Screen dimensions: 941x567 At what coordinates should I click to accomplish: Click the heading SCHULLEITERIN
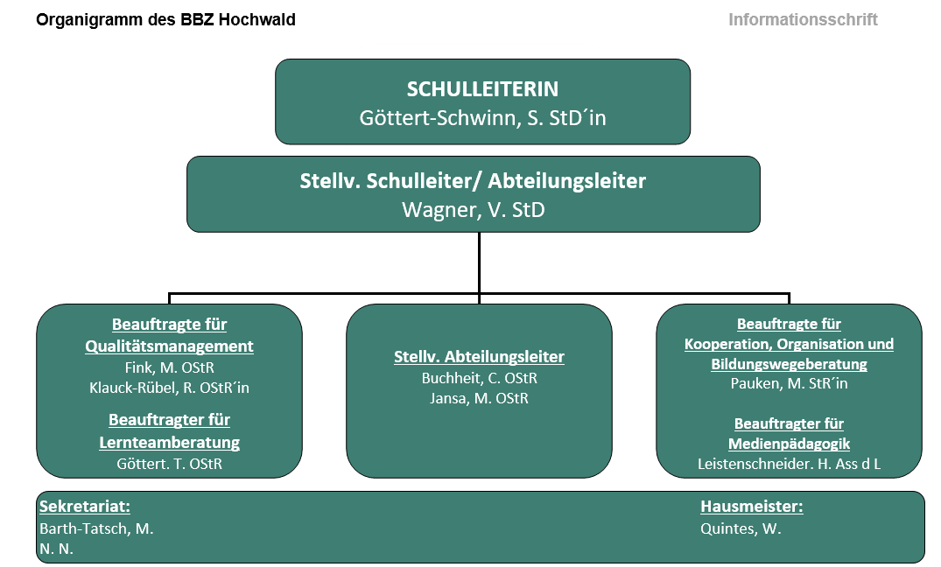(482, 88)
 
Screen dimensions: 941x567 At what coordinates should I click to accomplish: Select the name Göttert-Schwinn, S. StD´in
(482, 117)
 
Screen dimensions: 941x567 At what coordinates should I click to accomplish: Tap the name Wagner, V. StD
(474, 210)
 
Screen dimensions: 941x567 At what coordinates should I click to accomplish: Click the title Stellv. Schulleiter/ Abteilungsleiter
(473, 180)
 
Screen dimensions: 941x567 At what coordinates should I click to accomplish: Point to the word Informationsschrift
(803, 20)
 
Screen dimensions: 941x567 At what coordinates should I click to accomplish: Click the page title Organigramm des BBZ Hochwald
(165, 20)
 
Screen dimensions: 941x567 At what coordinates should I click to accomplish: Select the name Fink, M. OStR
(169, 367)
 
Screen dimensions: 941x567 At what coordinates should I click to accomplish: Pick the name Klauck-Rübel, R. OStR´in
(169, 388)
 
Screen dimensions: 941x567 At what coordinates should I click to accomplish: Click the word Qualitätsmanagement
(169, 346)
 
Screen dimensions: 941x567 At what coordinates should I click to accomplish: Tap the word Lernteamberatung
(169, 442)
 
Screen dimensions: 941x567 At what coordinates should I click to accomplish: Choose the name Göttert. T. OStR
(169, 464)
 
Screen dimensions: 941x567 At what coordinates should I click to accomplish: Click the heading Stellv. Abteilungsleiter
(479, 357)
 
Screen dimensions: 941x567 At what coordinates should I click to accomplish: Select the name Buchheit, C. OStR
(479, 378)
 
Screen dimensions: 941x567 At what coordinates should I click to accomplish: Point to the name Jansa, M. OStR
(479, 398)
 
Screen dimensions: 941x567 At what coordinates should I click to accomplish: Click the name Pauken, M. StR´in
(790, 383)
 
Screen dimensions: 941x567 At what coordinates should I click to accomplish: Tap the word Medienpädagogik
(790, 444)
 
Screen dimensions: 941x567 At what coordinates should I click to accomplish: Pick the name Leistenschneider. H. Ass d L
(790, 464)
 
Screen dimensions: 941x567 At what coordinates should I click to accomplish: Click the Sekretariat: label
(85, 507)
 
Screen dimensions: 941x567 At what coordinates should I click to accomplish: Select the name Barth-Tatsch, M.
(96, 528)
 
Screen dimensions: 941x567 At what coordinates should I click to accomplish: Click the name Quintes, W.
(741, 528)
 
